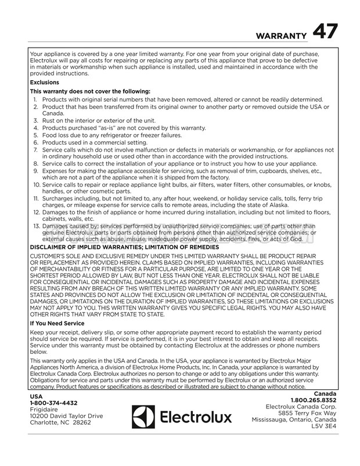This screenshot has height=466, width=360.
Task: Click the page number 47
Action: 324,33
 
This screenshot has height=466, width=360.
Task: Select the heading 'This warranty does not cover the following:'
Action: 89,91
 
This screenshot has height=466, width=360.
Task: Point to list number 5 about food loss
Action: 35,135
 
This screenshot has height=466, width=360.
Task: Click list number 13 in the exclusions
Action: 36,225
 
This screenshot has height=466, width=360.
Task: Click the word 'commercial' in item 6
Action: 110,142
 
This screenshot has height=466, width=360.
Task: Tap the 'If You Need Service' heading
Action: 57,323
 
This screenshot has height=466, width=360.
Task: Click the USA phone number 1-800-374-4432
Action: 53,402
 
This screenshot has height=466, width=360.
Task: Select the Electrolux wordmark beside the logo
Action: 195,417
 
